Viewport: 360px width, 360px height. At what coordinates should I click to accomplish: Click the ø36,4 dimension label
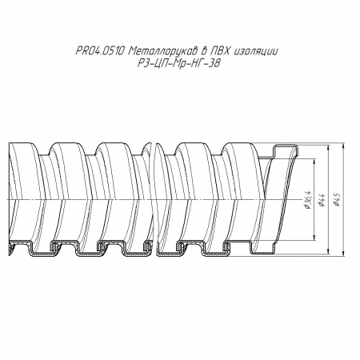309,200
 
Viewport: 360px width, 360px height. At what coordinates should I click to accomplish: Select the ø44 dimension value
322,200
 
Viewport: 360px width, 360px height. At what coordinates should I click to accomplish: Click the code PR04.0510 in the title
100,50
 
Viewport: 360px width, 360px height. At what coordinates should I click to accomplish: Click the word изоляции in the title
256,51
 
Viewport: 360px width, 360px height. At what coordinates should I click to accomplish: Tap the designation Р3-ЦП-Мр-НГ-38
179,63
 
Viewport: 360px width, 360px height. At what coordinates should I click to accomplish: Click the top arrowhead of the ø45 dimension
343,146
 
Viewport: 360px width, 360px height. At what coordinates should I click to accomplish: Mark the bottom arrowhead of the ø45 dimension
343,254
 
